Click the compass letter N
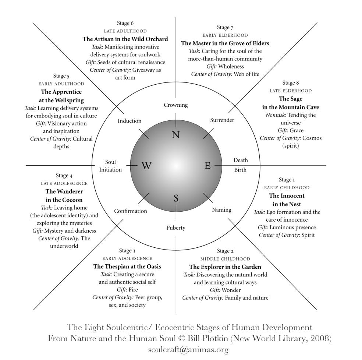pyautogui.click(x=176, y=134)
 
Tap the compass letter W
pyautogui.click(x=146, y=165)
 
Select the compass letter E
pyautogui.click(x=207, y=165)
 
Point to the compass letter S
pyautogui.click(x=176, y=198)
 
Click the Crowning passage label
pyautogui.click(x=176, y=105)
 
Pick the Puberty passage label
pyautogui.click(x=176, y=228)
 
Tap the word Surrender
pyautogui.click(x=222, y=120)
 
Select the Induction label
pyautogui.click(x=129, y=121)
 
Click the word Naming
pyautogui.click(x=221, y=210)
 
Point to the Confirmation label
pyautogui.click(x=131, y=211)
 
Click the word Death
pyautogui.click(x=241, y=160)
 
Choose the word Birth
pyautogui.click(x=240, y=170)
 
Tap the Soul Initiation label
pyautogui.click(x=110, y=166)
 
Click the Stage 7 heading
pyautogui.click(x=225, y=28)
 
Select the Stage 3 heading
pyautogui.click(x=127, y=251)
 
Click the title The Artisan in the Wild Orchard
pyautogui.click(x=125, y=39)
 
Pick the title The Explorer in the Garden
pyautogui.click(x=225, y=267)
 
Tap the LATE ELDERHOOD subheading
pyautogui.click(x=291, y=91)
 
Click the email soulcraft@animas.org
pyautogui.click(x=188, y=350)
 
